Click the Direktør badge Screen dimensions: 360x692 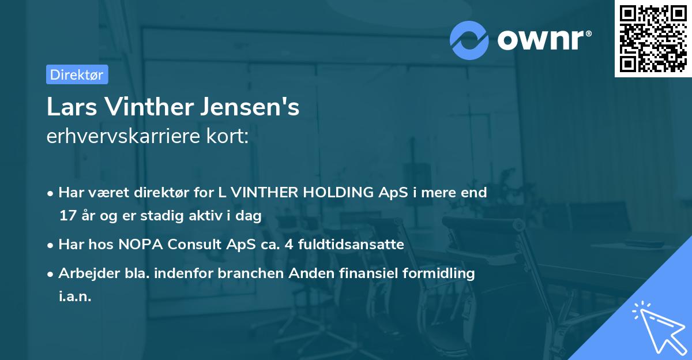(x=77, y=74)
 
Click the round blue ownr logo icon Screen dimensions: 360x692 (x=469, y=40)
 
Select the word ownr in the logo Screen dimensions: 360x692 (x=539, y=40)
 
